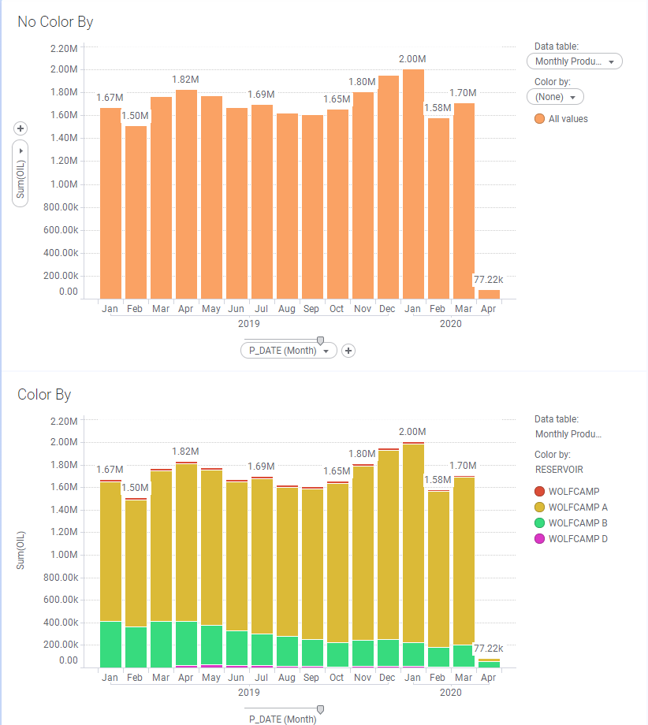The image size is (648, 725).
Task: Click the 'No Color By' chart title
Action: pyautogui.click(x=55, y=22)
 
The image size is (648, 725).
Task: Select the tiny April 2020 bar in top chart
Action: pyautogui.click(x=489, y=294)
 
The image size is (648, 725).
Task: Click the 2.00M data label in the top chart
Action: pyautogui.click(x=412, y=59)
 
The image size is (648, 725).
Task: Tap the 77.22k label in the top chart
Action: pyautogui.click(x=488, y=280)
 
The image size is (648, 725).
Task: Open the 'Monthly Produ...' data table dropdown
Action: pyautogui.click(x=574, y=61)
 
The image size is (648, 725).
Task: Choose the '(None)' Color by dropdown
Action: pyautogui.click(x=554, y=97)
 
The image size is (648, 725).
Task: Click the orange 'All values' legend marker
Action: pyautogui.click(x=539, y=119)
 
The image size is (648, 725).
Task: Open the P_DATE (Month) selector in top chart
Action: pyautogui.click(x=289, y=351)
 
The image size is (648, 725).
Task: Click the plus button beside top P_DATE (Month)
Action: pyautogui.click(x=348, y=351)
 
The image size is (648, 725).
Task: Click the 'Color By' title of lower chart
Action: pyautogui.click(x=44, y=394)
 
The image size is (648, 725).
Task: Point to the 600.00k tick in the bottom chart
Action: pyautogui.click(x=59, y=600)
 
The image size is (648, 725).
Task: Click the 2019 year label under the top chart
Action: pyautogui.click(x=248, y=323)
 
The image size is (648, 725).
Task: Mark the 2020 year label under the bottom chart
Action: pyautogui.click(x=450, y=693)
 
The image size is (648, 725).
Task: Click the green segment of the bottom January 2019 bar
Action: pyautogui.click(x=110, y=645)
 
